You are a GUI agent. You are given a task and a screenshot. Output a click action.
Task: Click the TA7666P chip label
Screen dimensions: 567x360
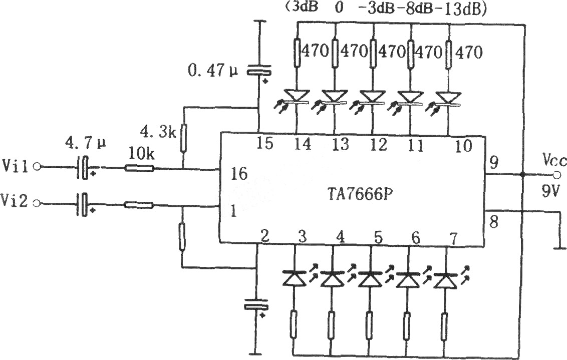[x=360, y=194]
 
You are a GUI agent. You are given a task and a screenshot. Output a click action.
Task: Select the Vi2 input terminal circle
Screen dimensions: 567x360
[x=37, y=203]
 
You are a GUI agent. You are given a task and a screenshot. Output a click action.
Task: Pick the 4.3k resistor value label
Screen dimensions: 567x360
[x=158, y=133]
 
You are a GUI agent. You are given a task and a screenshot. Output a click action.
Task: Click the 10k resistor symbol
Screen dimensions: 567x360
[x=140, y=168]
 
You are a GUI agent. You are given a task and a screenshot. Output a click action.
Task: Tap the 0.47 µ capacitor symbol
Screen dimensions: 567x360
[x=258, y=71]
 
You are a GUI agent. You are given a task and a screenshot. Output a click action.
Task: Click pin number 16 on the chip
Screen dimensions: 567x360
[x=239, y=174]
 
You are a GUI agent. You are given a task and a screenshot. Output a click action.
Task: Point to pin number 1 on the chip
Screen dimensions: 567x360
[x=233, y=211]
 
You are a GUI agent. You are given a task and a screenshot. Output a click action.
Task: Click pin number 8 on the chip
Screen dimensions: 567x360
[x=493, y=222]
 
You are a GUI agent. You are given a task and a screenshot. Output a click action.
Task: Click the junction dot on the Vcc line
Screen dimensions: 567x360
[x=522, y=175]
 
